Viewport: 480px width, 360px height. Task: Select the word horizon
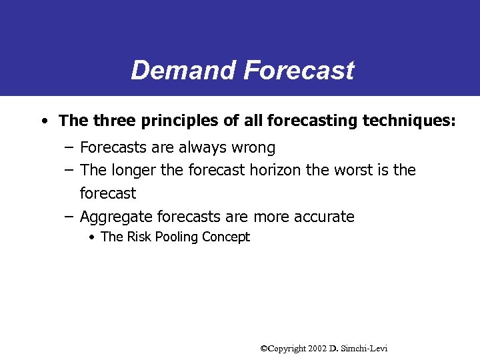276,171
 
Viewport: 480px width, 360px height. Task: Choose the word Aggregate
116,217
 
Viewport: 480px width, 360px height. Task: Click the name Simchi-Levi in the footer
365,349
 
